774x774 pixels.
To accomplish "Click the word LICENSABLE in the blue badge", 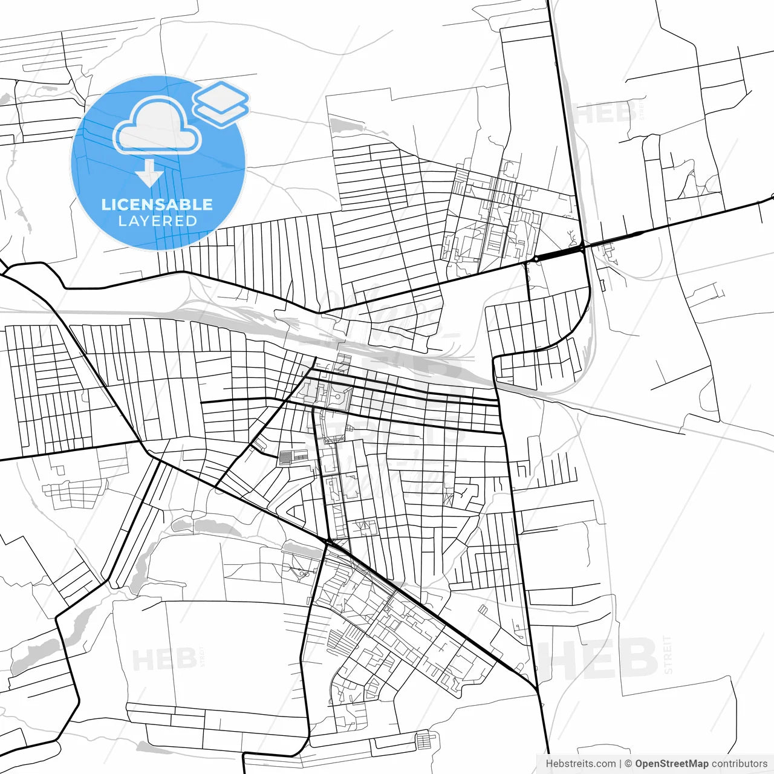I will [x=157, y=204].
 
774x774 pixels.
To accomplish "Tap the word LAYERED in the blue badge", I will [x=157, y=221].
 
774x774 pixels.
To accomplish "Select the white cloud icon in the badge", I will [x=157, y=126].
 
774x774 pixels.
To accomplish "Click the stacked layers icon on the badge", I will [x=221, y=103].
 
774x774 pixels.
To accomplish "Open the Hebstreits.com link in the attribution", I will [x=580, y=764].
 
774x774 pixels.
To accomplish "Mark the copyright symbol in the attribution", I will [x=628, y=764].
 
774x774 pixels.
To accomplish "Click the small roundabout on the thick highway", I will [x=535, y=259].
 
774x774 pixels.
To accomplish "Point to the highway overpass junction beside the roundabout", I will [x=581, y=247].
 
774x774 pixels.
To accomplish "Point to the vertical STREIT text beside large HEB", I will [x=668, y=654].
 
